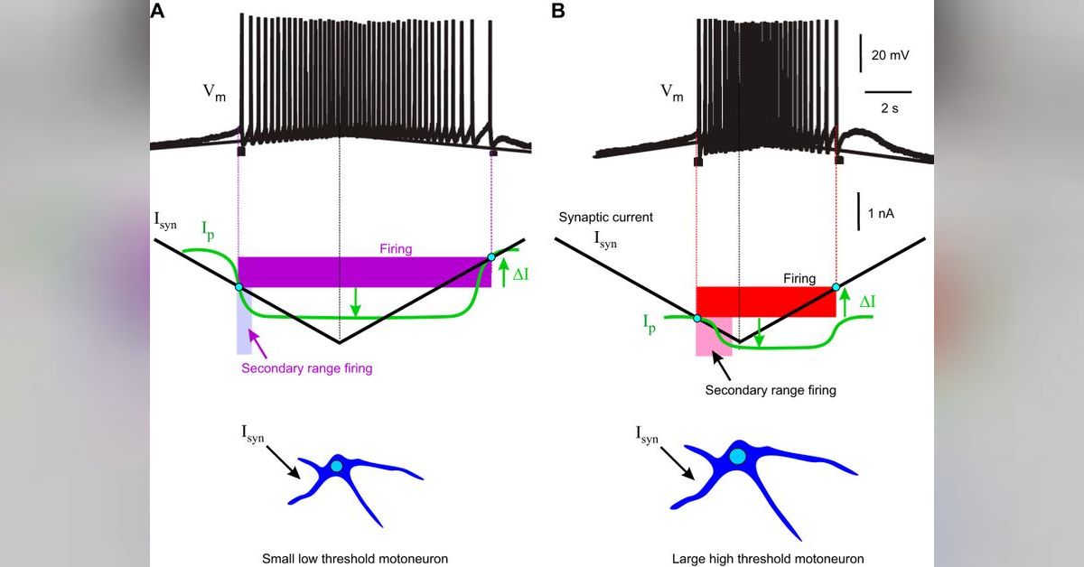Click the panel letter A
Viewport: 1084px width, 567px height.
click(x=158, y=11)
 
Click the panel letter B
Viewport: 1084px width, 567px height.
click(x=558, y=11)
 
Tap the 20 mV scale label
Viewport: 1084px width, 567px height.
click(x=890, y=55)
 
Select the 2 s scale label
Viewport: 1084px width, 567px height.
click(x=887, y=108)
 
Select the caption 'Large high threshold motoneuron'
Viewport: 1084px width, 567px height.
click(x=767, y=558)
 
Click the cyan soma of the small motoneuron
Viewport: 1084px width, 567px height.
click(x=337, y=466)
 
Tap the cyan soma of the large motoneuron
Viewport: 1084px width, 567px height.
click(x=738, y=457)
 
